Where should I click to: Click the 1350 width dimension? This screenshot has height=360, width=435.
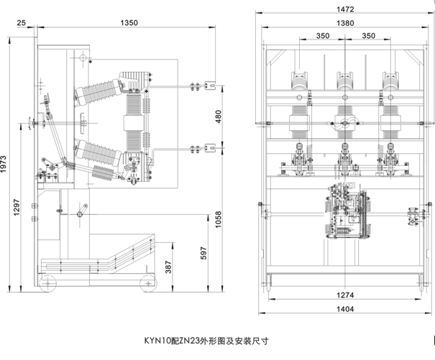point(129,24)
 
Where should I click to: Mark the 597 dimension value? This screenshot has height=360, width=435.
point(203,253)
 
